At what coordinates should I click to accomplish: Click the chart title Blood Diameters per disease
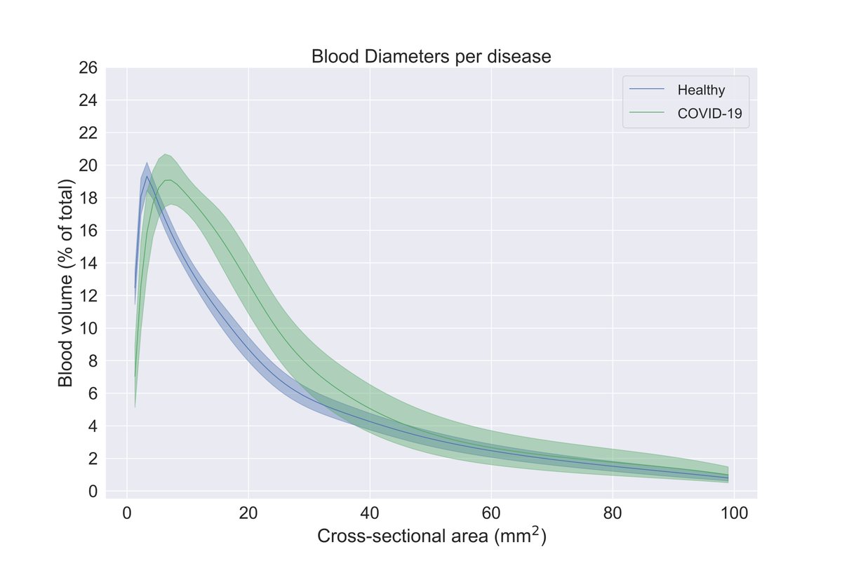tap(431, 57)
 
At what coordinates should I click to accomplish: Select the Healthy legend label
tap(700, 90)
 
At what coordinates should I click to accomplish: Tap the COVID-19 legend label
tap(709, 114)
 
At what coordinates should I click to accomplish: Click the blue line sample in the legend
tap(647, 90)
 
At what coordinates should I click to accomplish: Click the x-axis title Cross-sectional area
tap(431, 536)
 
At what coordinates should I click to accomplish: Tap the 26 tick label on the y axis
tap(89, 68)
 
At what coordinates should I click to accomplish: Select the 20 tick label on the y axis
tap(89, 165)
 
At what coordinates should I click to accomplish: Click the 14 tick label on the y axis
tap(89, 264)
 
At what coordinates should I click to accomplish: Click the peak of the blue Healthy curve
tap(146, 176)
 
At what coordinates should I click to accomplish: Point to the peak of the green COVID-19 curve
tap(168, 180)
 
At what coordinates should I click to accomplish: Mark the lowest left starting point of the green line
tap(135, 377)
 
